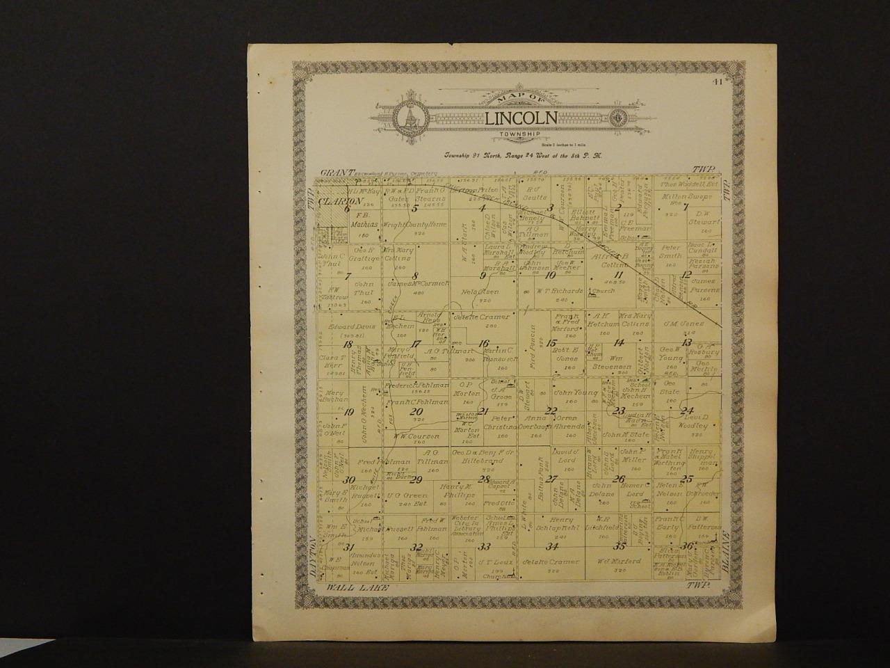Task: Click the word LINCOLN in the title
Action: point(521,118)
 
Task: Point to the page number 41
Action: point(716,81)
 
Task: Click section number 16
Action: point(484,342)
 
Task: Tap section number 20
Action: point(417,411)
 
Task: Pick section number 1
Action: point(685,207)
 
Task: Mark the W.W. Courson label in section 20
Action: point(416,436)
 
